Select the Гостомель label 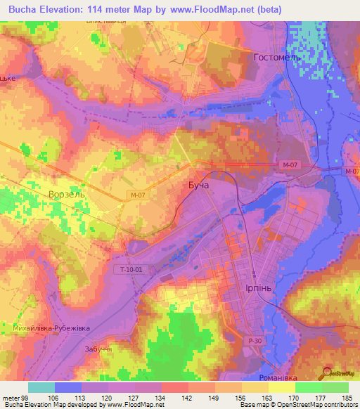tap(277, 57)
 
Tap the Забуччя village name tap(98, 349)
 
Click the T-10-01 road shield tap(127, 268)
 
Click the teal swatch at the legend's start tap(41, 387)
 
